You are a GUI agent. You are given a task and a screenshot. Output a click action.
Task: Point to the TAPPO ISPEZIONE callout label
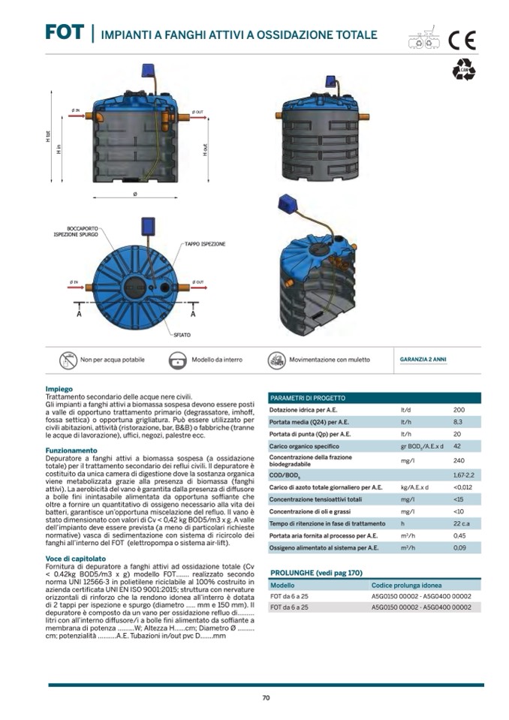tap(205, 244)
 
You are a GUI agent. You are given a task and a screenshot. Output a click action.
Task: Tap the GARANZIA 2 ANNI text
tap(423, 360)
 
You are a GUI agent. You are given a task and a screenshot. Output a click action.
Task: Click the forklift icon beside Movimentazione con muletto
tap(277, 360)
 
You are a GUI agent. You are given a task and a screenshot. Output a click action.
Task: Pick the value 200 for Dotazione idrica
tap(459, 411)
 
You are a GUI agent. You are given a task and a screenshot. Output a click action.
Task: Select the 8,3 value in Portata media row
tap(458, 423)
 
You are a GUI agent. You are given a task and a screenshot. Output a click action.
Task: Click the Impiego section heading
tap(59, 389)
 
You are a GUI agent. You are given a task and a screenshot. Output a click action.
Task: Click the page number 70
tap(265, 697)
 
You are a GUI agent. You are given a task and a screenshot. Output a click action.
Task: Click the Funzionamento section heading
tap(70, 450)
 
